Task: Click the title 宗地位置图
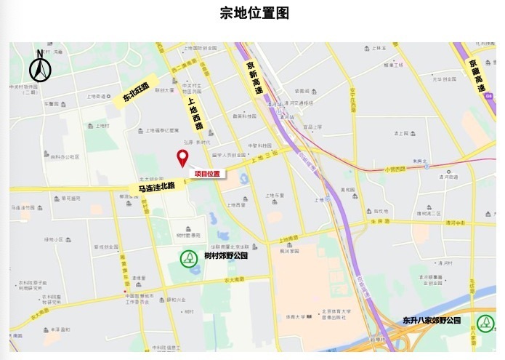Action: point(254,13)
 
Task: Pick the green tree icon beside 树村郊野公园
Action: point(189,257)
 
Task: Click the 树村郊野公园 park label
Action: point(226,256)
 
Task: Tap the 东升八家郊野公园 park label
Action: point(432,320)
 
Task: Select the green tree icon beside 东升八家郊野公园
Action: point(484,323)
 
